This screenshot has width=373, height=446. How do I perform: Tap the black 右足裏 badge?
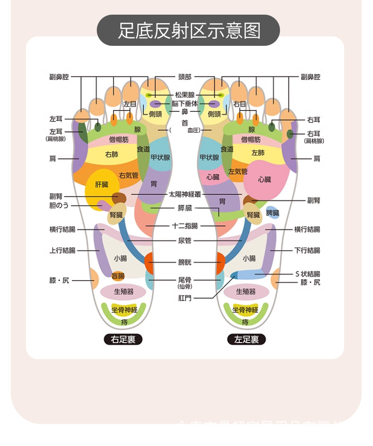click(x=123, y=339)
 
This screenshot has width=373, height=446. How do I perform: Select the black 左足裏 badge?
click(x=246, y=339)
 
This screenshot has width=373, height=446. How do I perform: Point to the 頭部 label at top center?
click(x=185, y=77)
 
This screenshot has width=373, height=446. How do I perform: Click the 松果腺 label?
click(x=185, y=95)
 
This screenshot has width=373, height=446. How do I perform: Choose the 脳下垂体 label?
click(x=185, y=103)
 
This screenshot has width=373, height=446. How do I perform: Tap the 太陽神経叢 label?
click(x=185, y=194)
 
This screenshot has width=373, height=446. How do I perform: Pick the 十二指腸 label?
click(x=185, y=226)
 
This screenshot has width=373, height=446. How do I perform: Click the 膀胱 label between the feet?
click(x=185, y=262)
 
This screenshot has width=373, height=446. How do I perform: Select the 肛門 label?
click(x=185, y=298)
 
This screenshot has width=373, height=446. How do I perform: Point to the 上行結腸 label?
click(x=62, y=250)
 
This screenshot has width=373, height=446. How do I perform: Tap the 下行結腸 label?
click(x=307, y=250)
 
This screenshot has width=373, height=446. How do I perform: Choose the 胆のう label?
click(x=59, y=205)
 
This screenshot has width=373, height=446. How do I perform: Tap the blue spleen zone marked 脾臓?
click(x=272, y=213)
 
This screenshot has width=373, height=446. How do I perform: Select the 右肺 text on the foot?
click(x=112, y=154)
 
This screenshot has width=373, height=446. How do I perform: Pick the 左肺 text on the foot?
click(x=258, y=153)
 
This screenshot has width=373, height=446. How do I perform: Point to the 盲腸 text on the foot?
click(x=118, y=276)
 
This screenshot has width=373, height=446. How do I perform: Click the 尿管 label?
click(x=185, y=241)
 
